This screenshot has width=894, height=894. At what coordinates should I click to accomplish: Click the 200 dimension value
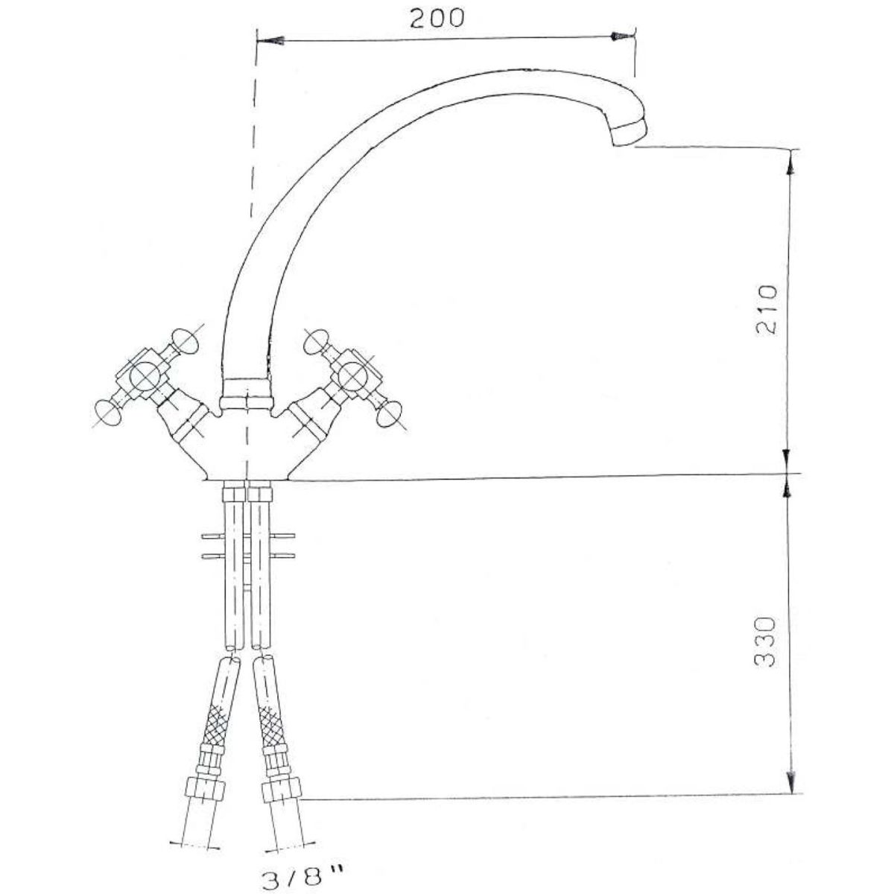437,18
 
